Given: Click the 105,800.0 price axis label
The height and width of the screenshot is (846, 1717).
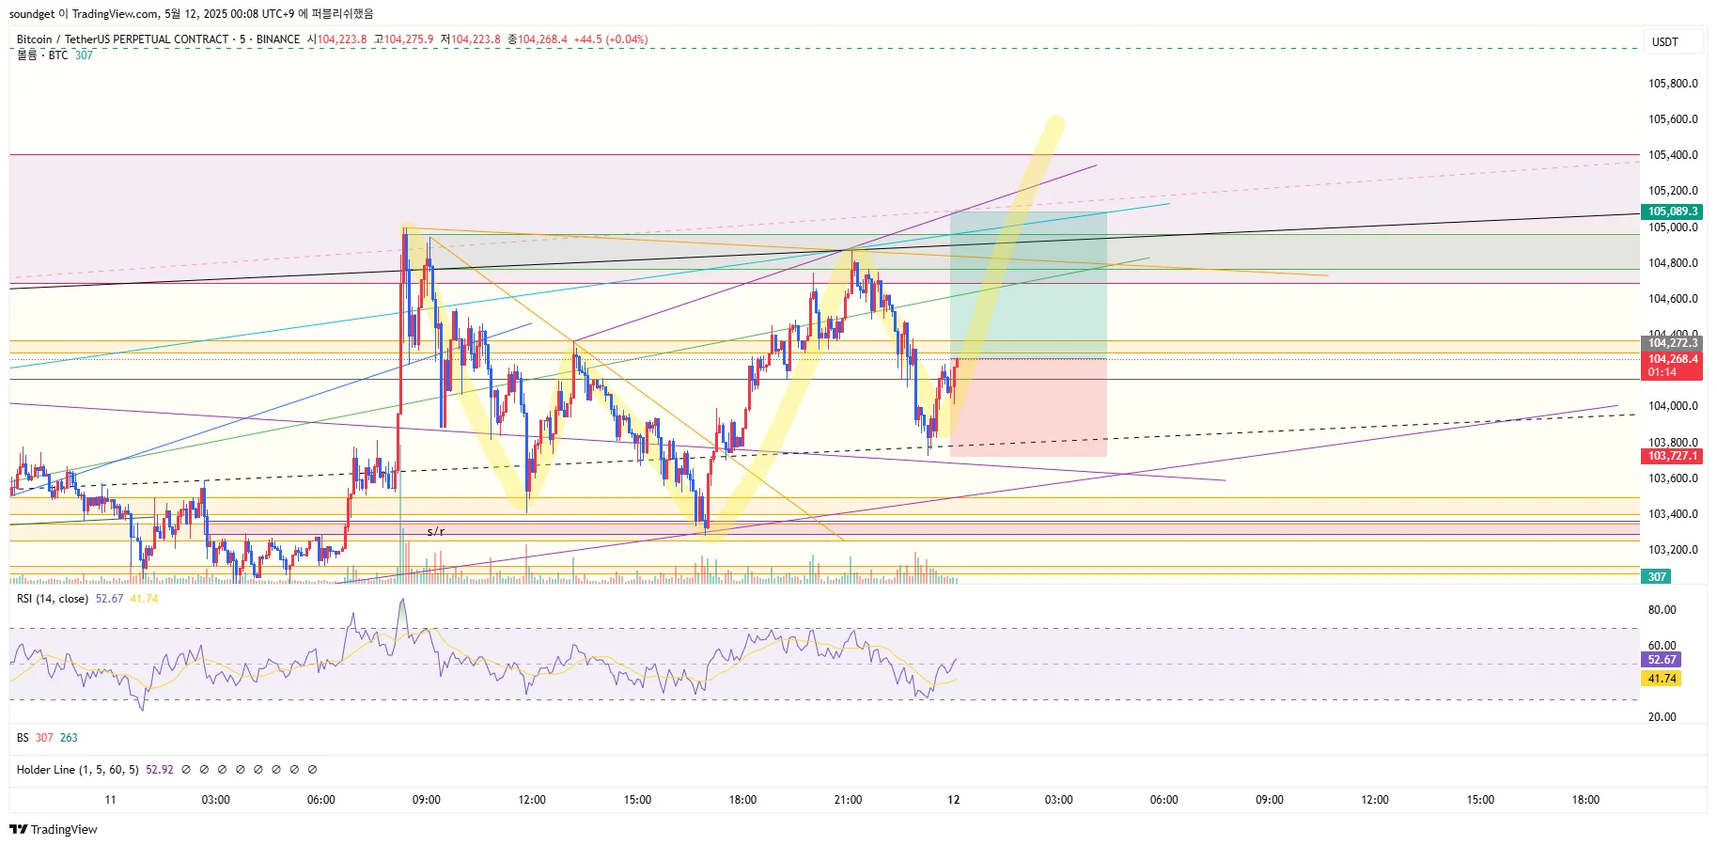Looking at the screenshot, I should [1673, 84].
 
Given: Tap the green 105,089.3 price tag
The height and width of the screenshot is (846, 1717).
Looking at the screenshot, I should [1673, 211].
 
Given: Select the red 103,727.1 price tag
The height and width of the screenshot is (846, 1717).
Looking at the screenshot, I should [1673, 456].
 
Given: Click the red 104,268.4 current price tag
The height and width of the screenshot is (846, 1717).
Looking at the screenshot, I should [1673, 359].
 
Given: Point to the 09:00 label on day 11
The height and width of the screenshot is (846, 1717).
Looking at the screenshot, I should [427, 800].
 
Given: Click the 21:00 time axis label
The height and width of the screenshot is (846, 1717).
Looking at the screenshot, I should [848, 800].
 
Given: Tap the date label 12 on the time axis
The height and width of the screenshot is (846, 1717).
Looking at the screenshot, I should [954, 800].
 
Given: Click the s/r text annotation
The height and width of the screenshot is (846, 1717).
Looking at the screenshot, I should [436, 532].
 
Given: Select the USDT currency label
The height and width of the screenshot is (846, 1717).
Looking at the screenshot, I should [1665, 42].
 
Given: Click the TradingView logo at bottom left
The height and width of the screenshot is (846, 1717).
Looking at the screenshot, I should [54, 829].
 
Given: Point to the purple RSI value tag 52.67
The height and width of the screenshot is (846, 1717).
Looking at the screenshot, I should [1662, 660].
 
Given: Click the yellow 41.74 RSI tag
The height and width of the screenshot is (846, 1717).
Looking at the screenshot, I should [1662, 679].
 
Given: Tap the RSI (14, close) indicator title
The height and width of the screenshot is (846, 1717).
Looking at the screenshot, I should [53, 599].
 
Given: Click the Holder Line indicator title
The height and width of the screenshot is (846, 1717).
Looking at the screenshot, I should [77, 770].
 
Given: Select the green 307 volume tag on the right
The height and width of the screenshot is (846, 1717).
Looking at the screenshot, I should [1656, 577].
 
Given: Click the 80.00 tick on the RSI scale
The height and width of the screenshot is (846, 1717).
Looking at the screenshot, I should [1662, 610].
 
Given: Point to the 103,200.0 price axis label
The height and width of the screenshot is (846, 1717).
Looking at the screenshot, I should [1673, 550].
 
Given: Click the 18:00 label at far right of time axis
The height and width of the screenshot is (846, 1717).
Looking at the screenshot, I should [1585, 800].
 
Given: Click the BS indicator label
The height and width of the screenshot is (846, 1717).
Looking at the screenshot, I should [23, 738].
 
